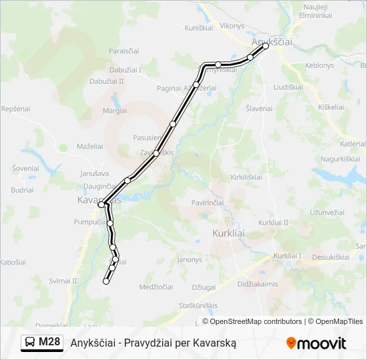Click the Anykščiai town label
pos(272,41)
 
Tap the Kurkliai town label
pos(228,233)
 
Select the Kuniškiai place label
pos(198,27)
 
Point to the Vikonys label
pos(232,26)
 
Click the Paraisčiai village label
pos(124,51)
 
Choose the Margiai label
pos(115,111)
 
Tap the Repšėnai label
pos(16,108)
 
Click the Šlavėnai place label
pos(259,108)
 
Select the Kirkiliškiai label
pos(246,177)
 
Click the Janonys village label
pos(190,259)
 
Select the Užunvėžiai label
pos(326,212)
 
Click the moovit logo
pos(316,343)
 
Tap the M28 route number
pos(49,343)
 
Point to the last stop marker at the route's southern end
pos(105,282)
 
